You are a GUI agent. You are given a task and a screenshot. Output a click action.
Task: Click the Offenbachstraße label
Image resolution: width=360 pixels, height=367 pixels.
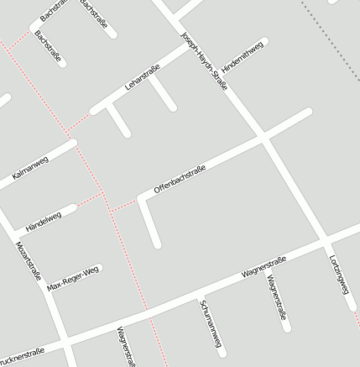pyautogui.click(x=180, y=181)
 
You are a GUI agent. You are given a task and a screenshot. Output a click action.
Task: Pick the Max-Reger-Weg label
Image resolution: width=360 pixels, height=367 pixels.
pyautogui.click(x=73, y=279)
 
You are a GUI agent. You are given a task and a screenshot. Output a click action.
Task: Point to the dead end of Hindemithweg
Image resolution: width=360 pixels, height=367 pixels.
pyautogui.click(x=265, y=41)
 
